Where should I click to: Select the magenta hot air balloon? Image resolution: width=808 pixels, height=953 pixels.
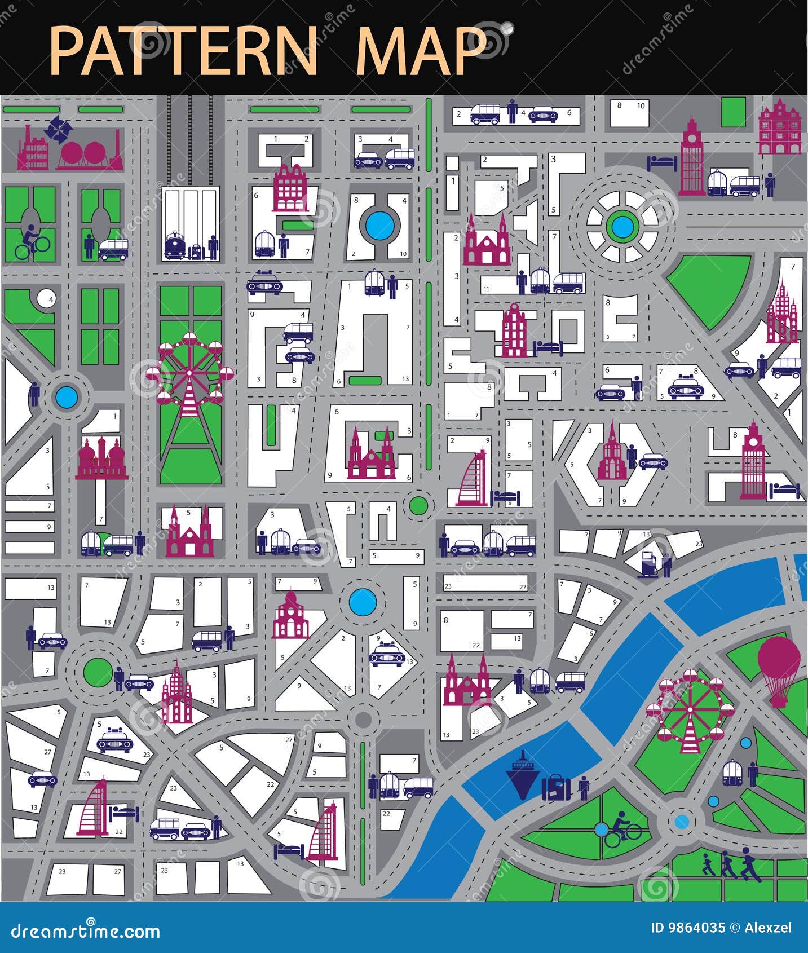click(x=779, y=670)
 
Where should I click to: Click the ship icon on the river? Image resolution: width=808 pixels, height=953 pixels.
click(x=522, y=774)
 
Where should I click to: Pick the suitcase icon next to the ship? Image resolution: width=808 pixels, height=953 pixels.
click(x=556, y=787)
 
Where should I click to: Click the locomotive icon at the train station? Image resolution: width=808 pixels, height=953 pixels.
click(x=175, y=246)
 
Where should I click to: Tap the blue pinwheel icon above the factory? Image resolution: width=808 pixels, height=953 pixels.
click(x=59, y=129)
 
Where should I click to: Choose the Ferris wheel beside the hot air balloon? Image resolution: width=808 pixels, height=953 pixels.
click(x=690, y=709)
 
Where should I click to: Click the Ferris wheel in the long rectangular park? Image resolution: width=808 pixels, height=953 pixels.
click(x=189, y=372)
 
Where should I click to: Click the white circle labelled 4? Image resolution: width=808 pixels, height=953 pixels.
click(x=46, y=298)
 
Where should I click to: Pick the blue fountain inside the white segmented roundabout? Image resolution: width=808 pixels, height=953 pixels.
click(x=621, y=227)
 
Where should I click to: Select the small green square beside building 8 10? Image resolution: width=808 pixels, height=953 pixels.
click(x=734, y=112)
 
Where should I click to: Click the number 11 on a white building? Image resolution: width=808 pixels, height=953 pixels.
click(x=486, y=289)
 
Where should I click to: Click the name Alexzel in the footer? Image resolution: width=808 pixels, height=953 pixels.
click(x=767, y=928)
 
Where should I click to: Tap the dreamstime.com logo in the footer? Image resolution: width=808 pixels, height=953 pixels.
click(x=86, y=931)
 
